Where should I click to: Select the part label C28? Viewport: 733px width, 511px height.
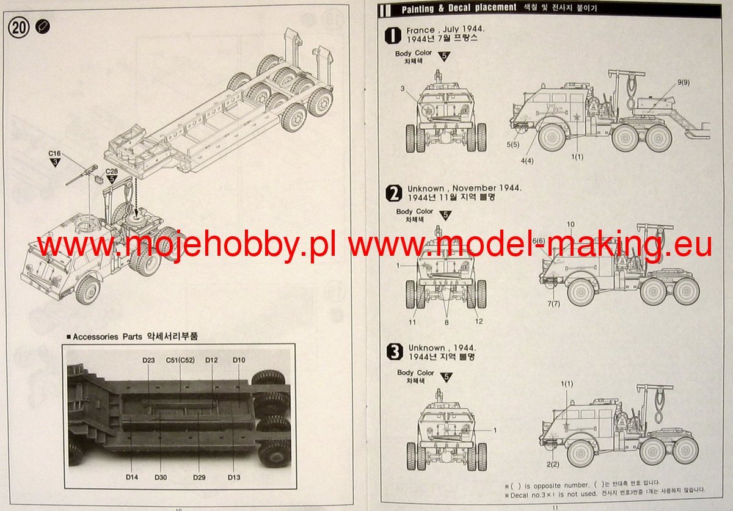[x=111, y=172]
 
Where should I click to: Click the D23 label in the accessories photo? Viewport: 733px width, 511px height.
[x=149, y=360]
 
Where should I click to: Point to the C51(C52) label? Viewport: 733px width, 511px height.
[x=180, y=360]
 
